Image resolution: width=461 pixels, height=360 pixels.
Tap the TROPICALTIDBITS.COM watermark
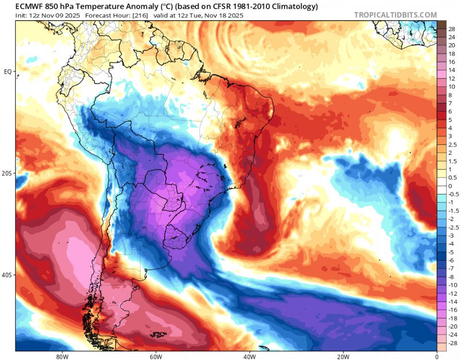pos(395,15)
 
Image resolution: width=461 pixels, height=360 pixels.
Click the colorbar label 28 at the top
pos(451,29)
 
